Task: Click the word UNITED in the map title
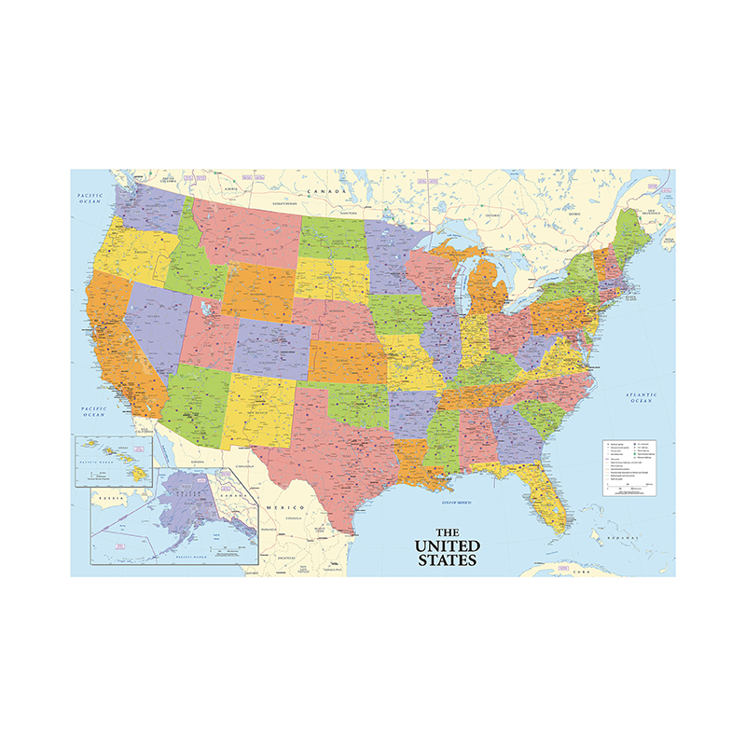448,546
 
